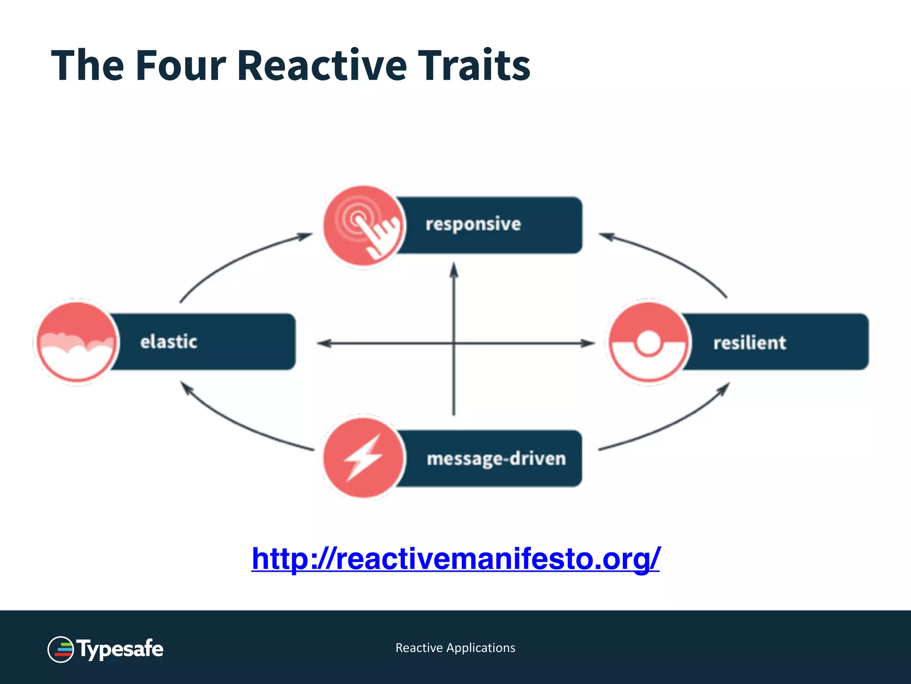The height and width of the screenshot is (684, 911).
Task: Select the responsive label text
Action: (473, 224)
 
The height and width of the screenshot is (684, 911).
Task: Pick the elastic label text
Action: (169, 342)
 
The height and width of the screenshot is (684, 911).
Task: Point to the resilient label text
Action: (750, 343)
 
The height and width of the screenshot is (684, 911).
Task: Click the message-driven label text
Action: (496, 459)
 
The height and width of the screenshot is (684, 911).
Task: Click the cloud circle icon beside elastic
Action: (77, 342)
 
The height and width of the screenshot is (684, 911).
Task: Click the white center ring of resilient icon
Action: (648, 343)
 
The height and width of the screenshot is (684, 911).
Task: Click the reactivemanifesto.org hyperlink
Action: (455, 558)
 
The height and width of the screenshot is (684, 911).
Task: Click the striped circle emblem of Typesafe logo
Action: (60, 649)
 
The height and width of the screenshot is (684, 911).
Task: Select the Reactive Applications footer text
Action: (455, 648)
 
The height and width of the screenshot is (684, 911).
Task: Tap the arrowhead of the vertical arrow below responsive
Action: (454, 270)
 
